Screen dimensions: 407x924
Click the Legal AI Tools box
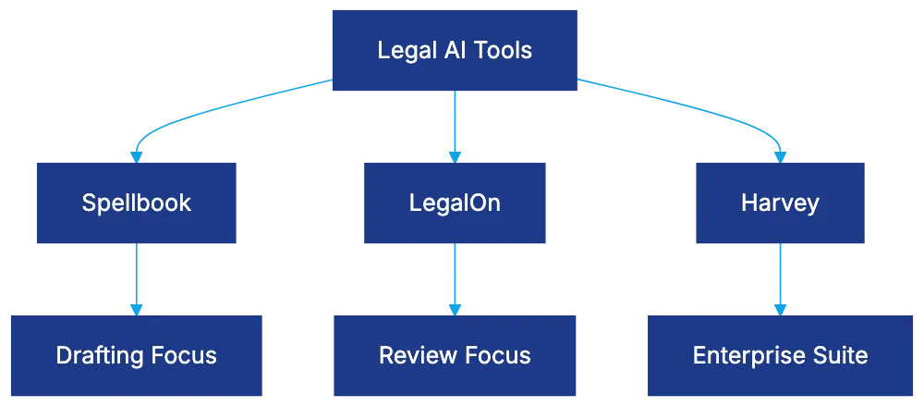pyautogui.click(x=455, y=51)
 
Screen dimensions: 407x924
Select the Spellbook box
pyautogui.click(x=136, y=203)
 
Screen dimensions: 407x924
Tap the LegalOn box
pyautogui.click(x=455, y=203)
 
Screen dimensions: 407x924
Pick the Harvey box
pyautogui.click(x=780, y=203)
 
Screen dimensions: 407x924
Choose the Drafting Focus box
pyautogui.click(x=136, y=355)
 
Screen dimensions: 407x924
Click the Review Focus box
pyautogui.click(x=455, y=355)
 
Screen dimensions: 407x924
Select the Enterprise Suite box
pyautogui.click(x=780, y=355)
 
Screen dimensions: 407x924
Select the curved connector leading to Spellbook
pyautogui.click(x=213, y=113)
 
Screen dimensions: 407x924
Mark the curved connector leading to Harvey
pyautogui.click(x=702, y=113)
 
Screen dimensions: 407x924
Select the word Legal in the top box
pyautogui.click(x=404, y=51)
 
